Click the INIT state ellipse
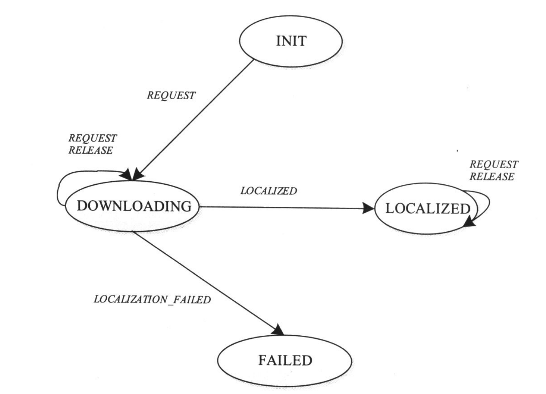291,41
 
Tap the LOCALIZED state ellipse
426,208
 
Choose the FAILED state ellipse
284,360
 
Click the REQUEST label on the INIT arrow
171,95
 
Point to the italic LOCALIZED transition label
268,191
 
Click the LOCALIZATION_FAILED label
152,299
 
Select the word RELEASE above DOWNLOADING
91,150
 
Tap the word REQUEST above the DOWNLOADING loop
93,138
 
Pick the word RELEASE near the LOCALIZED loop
492,177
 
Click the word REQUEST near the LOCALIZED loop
494,164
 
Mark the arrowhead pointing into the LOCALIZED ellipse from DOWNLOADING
368,208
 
